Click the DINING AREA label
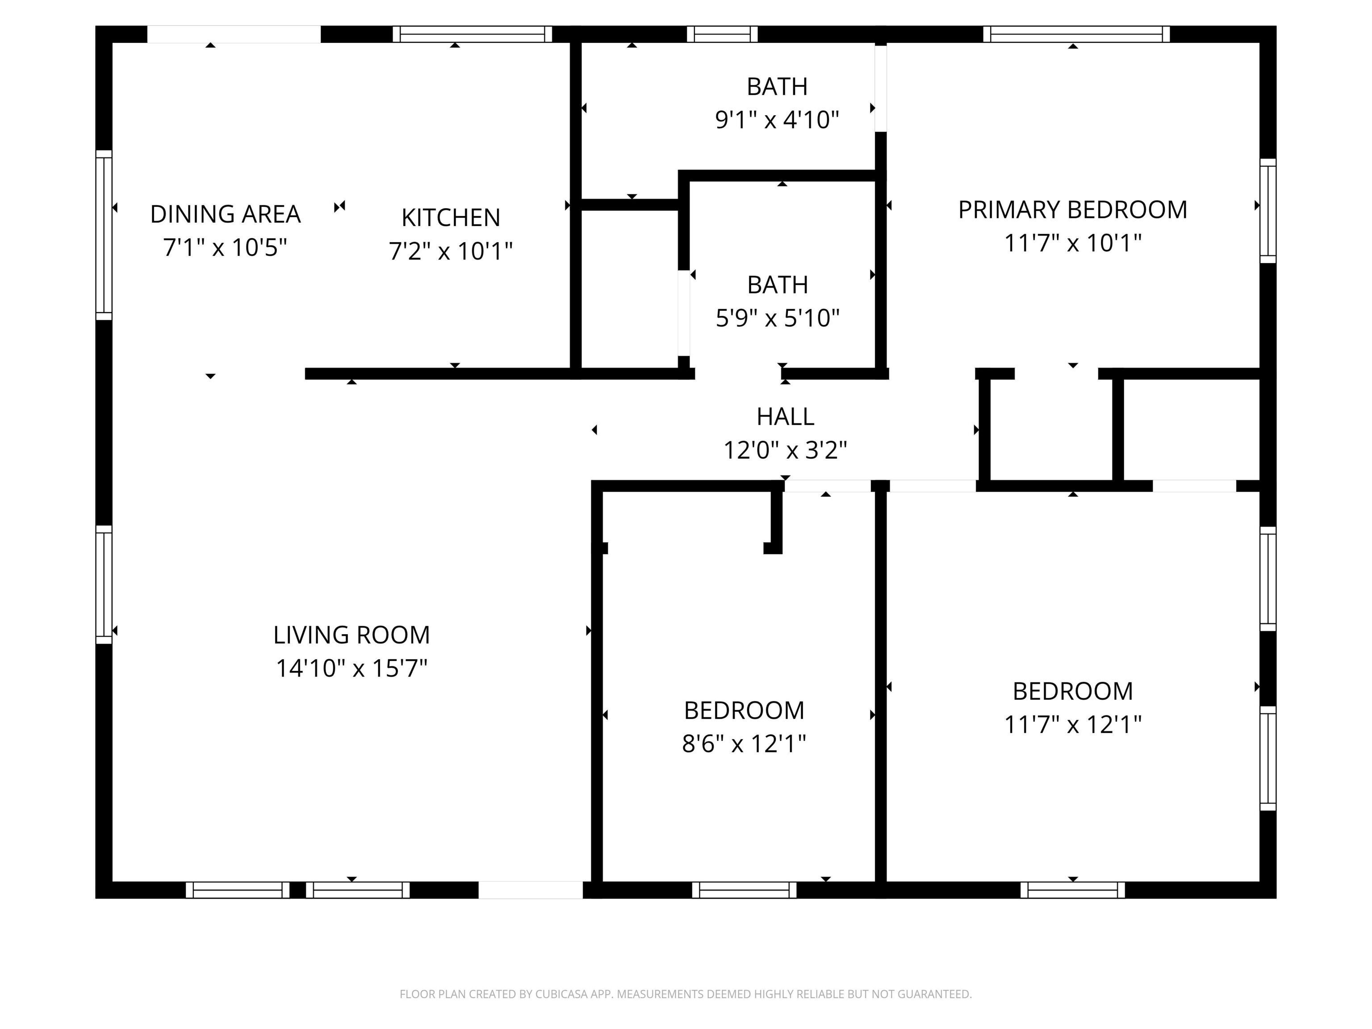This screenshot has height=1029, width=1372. [x=225, y=215]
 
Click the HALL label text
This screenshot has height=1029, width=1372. [x=785, y=417]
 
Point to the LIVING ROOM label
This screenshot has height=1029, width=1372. [x=351, y=635]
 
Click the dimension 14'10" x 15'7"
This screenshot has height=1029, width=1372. [x=351, y=669]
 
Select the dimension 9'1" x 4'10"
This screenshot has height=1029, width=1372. [x=777, y=120]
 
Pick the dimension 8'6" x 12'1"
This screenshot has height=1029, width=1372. [x=744, y=744]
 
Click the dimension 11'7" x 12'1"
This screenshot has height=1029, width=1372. [x=1072, y=724]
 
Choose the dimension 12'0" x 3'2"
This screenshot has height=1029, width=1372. [x=785, y=450]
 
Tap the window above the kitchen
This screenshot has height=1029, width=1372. [x=472, y=34]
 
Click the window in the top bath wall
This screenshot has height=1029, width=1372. [x=722, y=34]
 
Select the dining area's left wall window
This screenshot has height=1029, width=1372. [x=104, y=235]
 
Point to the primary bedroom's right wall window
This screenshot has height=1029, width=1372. [x=1268, y=211]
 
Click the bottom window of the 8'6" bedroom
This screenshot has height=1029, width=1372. [x=744, y=890]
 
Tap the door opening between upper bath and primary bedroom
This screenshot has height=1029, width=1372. [x=880, y=88]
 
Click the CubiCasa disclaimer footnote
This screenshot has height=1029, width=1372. [x=686, y=994]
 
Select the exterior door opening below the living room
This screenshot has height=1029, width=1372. [x=530, y=890]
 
